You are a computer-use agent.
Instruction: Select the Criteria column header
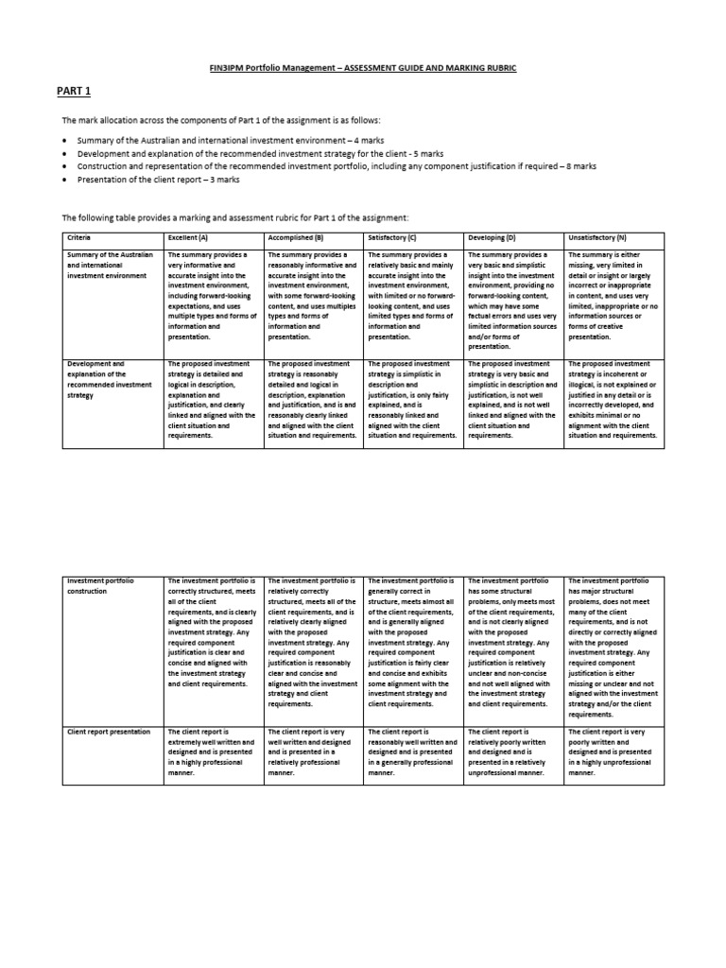pos(78,238)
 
